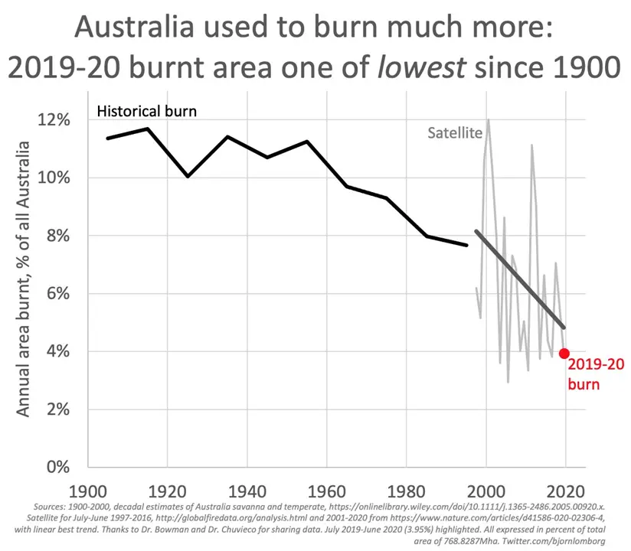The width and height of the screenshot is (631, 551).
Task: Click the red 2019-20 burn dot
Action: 564,353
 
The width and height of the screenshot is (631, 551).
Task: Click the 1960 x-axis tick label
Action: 326,490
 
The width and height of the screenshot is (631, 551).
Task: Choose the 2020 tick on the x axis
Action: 566,490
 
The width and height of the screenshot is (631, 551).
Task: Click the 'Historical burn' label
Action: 146,111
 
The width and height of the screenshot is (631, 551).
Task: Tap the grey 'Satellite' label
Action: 454,132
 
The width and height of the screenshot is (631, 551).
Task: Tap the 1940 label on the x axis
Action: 247,490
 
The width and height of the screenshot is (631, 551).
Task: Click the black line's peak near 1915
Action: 147,129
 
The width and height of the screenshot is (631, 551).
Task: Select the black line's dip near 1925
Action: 188,176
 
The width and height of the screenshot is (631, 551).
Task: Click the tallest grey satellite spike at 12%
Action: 488,120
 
